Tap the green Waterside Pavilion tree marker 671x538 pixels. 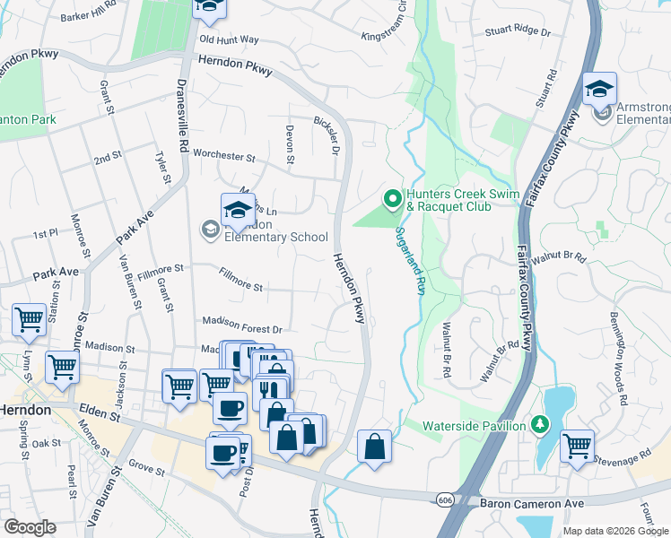(x=541, y=423)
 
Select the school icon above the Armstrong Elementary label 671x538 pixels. (x=599, y=89)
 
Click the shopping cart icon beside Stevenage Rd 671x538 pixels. (x=577, y=445)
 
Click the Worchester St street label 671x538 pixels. (x=224, y=155)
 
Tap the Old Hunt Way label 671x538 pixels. (x=229, y=40)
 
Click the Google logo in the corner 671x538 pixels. (x=30, y=527)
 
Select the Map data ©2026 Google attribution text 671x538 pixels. (x=614, y=531)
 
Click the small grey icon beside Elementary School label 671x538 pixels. (x=210, y=230)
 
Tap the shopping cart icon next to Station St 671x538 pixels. (x=29, y=318)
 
